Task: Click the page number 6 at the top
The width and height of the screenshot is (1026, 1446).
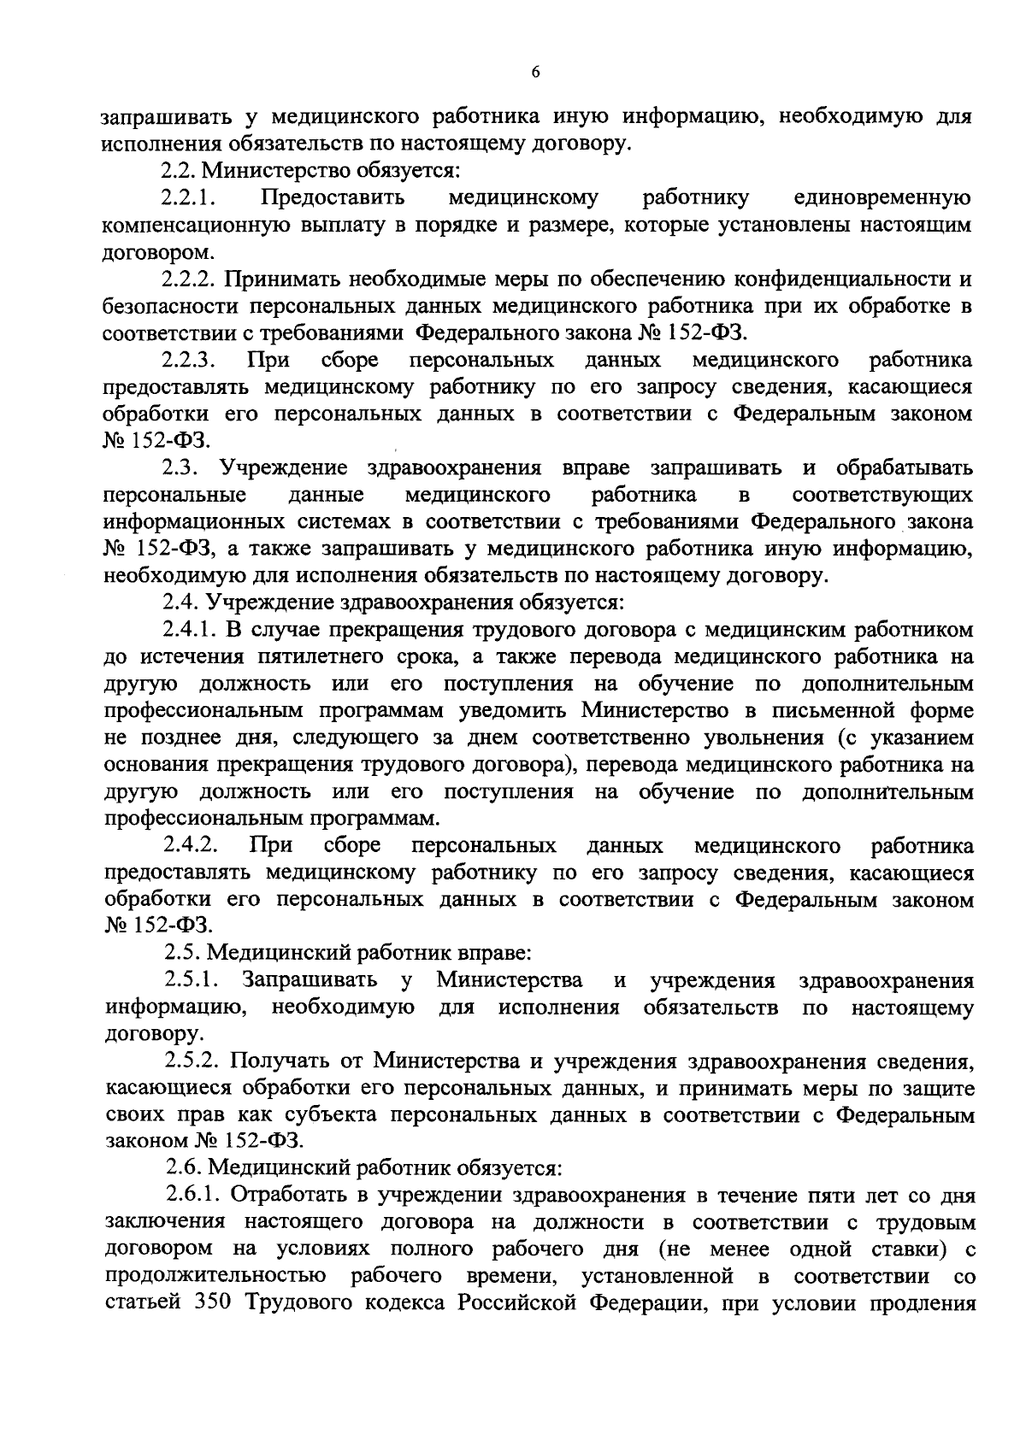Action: [535, 73]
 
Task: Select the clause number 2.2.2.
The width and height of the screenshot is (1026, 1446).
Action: [191, 279]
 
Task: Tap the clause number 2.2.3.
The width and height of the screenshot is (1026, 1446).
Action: [191, 360]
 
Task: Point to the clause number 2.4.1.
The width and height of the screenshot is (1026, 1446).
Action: [191, 630]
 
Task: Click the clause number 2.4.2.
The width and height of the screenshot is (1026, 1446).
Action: [191, 845]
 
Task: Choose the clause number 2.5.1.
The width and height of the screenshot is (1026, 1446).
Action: [191, 980]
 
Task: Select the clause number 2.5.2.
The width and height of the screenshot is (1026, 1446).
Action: [193, 1061]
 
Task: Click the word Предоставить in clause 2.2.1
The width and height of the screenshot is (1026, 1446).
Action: [333, 198]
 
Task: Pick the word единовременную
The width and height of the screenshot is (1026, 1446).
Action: [883, 198]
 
